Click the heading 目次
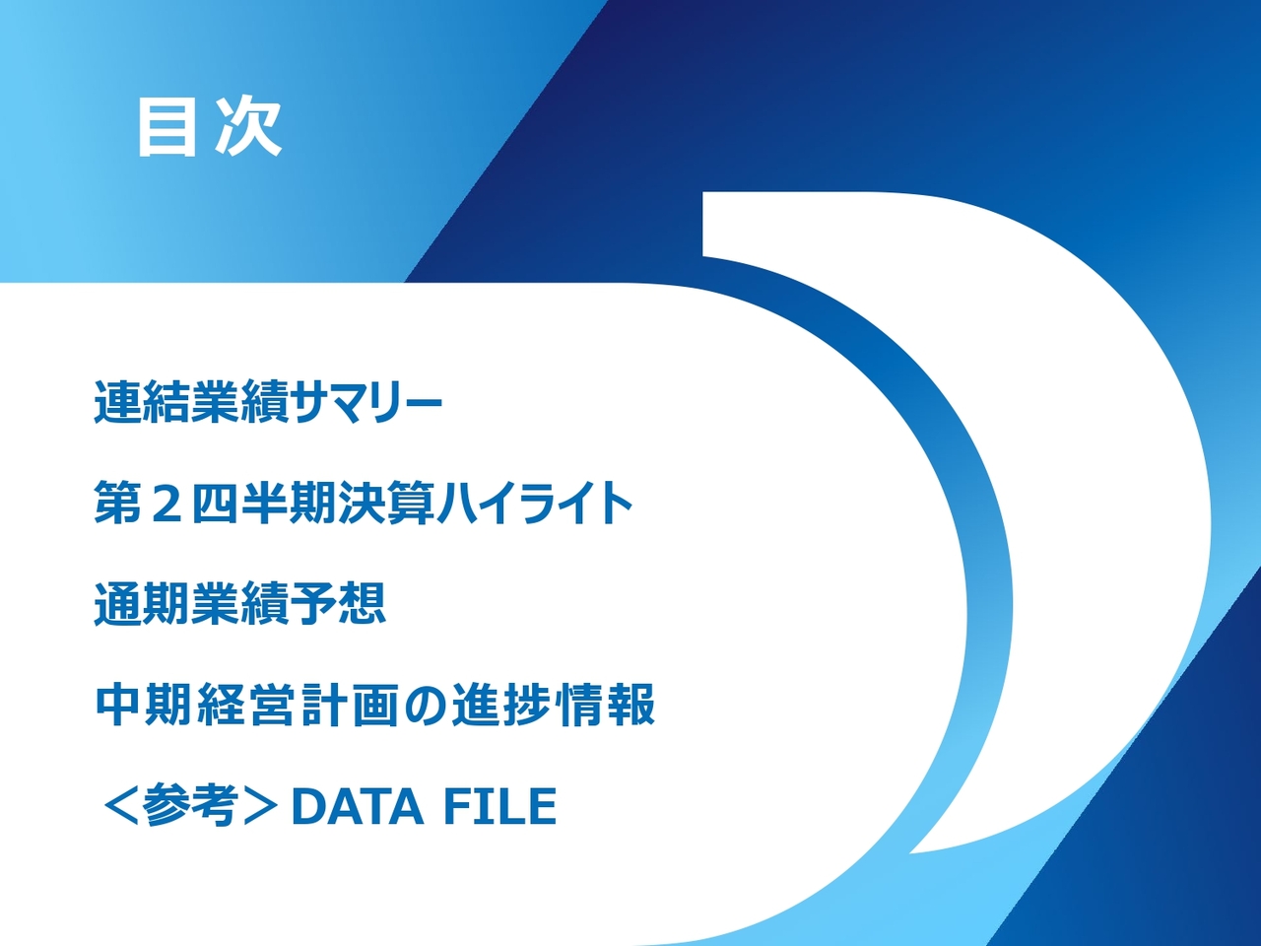[209, 127]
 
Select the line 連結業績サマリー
[268, 402]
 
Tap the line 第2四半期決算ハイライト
[364, 503]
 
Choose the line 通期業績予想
[239, 604]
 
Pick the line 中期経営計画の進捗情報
[375, 706]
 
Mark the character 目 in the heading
[166, 127]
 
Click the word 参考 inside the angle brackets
[189, 806]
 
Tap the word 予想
[337, 604]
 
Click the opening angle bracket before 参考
[119, 806]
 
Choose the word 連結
[142, 402]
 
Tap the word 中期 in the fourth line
[144, 706]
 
